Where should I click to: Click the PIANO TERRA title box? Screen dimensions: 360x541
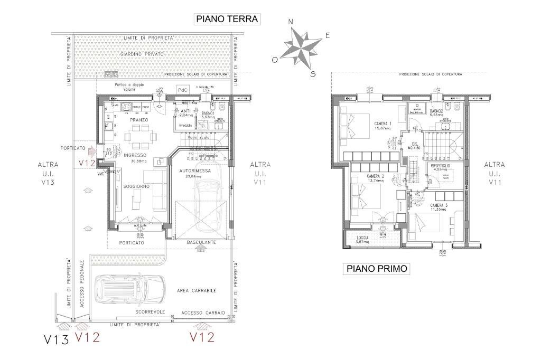point(227,19)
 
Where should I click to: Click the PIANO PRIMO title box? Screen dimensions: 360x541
point(377,269)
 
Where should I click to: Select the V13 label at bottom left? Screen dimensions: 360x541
point(56,339)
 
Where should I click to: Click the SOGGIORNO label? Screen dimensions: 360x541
point(136,186)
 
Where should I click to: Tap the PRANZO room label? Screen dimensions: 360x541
point(139,120)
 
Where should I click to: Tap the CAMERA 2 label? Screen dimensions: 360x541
point(375,176)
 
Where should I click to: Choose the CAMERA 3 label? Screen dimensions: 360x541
point(439,205)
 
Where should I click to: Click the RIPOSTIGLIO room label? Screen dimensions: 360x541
point(439,165)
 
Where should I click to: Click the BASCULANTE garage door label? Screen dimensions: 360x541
point(201,242)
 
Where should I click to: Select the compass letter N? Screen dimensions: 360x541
point(291,22)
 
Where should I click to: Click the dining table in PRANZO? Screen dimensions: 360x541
point(141,138)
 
